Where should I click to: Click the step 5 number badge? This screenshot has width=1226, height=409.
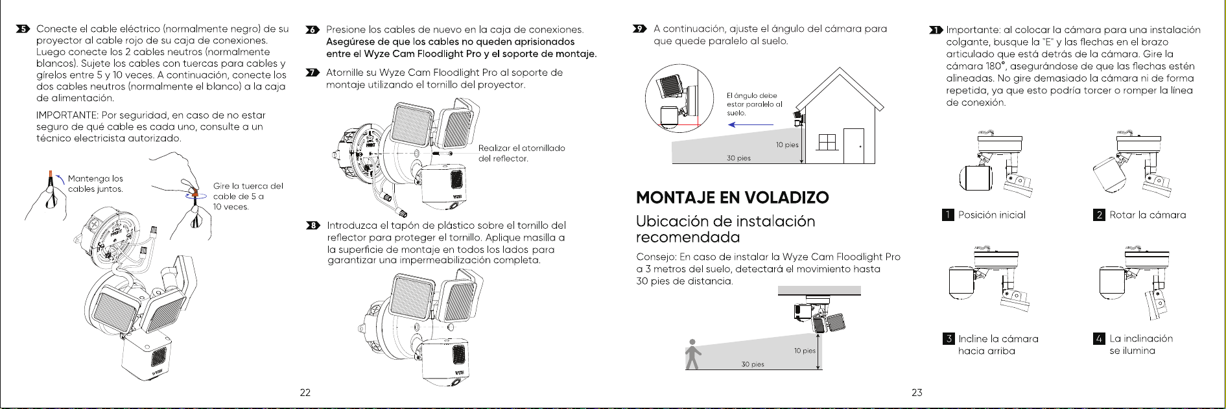click(23, 29)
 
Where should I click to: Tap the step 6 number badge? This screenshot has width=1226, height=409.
click(312, 30)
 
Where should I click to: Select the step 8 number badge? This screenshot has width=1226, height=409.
click(312, 226)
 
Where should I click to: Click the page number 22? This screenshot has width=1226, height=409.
click(305, 392)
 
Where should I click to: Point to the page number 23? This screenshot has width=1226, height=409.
click(917, 392)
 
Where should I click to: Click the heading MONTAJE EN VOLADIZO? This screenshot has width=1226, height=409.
click(733, 198)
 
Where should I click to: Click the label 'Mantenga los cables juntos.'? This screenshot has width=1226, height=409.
click(95, 183)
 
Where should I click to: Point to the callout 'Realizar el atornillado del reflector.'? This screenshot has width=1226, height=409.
click(522, 153)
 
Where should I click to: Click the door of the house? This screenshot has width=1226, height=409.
click(854, 146)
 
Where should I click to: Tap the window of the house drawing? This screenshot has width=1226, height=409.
click(827, 142)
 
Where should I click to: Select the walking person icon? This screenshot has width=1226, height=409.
click(693, 354)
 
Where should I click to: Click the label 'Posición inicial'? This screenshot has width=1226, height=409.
click(992, 215)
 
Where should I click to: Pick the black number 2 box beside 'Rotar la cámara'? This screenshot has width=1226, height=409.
click(1099, 215)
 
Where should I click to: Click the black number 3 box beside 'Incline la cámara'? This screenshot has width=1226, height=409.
click(949, 338)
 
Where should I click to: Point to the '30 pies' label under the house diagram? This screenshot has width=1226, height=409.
click(738, 158)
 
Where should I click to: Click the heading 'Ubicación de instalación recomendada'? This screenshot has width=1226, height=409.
click(725, 229)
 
